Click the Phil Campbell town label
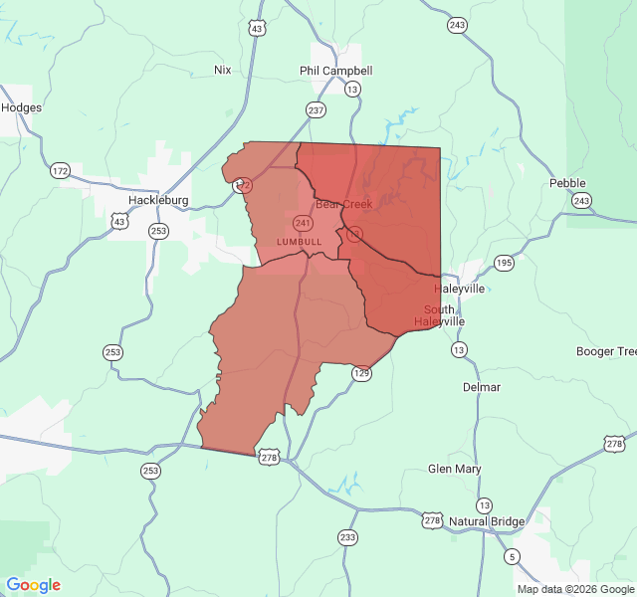coord(336,71)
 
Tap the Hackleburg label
coord(158,200)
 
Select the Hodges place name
coord(21,107)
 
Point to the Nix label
coord(222,70)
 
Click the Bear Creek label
coord(343,204)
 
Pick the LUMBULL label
coord(299,242)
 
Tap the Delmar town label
coord(482,387)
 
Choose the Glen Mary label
coord(454,469)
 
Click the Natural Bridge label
coord(487,521)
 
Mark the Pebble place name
coord(567,183)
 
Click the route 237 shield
coord(316,110)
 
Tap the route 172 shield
coord(61,171)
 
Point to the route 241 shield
coord(303,223)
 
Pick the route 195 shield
coord(505,263)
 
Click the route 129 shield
coord(361,373)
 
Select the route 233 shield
coord(347,537)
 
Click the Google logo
coord(34,585)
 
